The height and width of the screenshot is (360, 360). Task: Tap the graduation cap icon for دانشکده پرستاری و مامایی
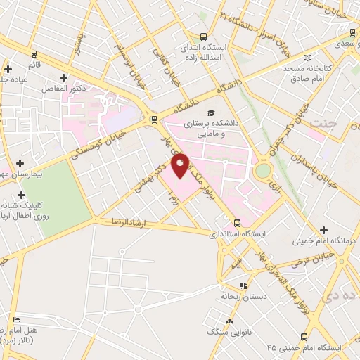click(209, 112)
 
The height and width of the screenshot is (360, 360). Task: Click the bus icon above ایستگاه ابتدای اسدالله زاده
click(203, 37)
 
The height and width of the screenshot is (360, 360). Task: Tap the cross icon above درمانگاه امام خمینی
click(323, 230)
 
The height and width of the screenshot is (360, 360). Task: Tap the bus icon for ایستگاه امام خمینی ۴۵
click(303, 337)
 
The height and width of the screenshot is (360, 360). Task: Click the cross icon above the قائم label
click(8, 69)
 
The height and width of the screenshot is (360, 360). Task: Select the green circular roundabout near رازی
click(263, 170)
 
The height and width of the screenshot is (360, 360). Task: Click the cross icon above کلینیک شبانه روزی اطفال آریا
click(22, 194)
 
